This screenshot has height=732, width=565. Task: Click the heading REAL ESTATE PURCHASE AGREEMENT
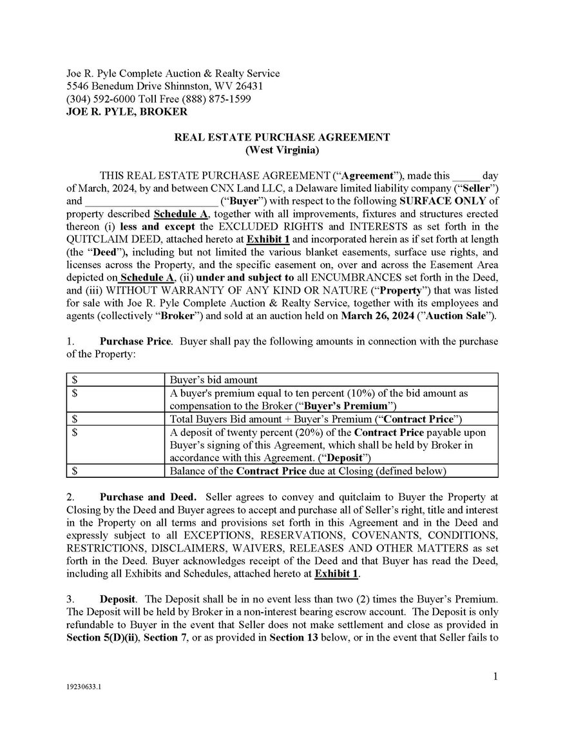(x=282, y=137)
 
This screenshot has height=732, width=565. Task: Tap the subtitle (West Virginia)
(x=282, y=150)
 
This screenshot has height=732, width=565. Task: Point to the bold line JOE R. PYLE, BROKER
(x=127, y=112)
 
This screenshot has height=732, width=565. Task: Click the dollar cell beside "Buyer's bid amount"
(x=115, y=380)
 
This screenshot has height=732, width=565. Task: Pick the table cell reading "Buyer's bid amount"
(x=213, y=380)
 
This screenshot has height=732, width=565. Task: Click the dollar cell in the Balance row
(x=115, y=471)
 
